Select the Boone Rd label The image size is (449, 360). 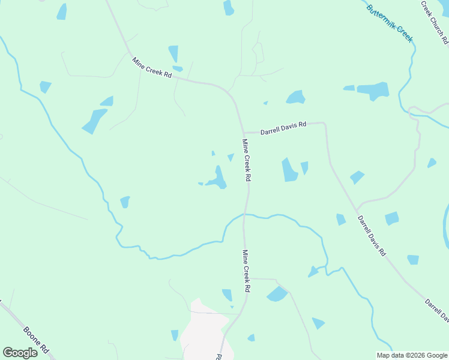click(x=35, y=340)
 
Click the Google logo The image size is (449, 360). click(x=20, y=352)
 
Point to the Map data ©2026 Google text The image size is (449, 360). click(x=412, y=355)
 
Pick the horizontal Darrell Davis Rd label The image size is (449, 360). click(x=283, y=128)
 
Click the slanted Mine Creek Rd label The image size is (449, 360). click(x=152, y=67)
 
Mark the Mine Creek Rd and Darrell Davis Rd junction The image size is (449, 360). click(x=243, y=133)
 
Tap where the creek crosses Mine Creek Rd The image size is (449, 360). click(x=245, y=214)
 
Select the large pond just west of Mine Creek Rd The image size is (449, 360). click(x=217, y=179)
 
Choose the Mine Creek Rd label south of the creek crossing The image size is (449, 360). click(x=246, y=271)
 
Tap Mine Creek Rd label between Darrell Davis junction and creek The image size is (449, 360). click(x=246, y=160)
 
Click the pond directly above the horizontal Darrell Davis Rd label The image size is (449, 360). click(x=295, y=97)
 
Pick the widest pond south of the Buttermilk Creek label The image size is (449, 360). click(x=373, y=91)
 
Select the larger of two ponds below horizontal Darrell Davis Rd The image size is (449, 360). click(x=289, y=170)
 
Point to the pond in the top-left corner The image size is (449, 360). click(x=62, y=11)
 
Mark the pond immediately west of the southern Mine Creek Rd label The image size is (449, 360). click(x=227, y=295)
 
